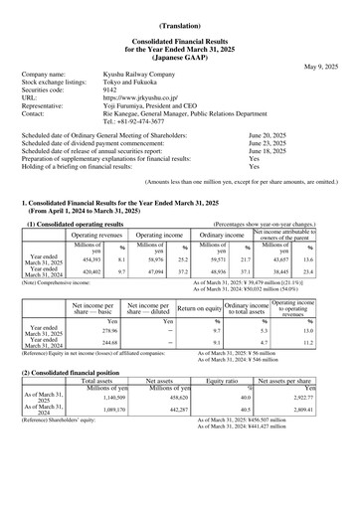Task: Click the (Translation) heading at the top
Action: click(179, 22)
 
